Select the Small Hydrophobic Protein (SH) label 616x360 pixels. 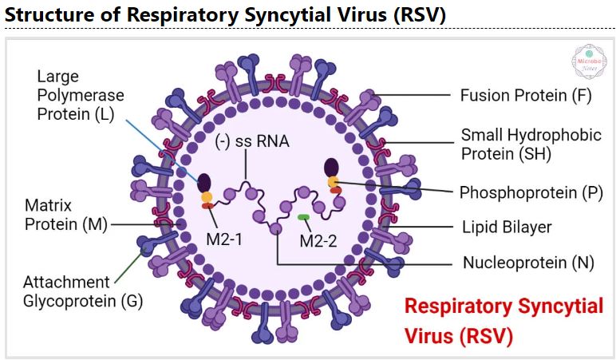point(531,144)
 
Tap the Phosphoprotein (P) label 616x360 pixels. point(526,192)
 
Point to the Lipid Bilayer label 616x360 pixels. point(506,227)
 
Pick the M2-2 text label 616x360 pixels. point(317,239)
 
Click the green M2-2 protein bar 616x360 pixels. point(304,217)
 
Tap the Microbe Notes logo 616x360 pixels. point(589,61)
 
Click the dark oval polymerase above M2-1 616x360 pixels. point(205,182)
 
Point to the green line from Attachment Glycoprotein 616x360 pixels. point(128,263)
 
